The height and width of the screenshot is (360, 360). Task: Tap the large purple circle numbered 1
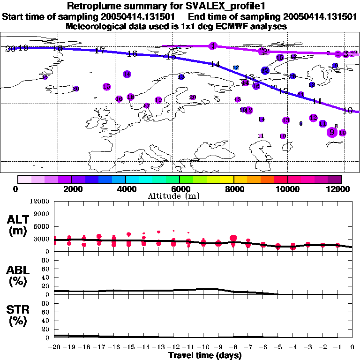coord(213,46)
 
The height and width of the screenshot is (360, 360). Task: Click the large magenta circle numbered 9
coord(332,132)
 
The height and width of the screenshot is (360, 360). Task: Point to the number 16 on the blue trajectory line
coord(132,54)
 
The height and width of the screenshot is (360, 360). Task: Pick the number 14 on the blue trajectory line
coord(215,64)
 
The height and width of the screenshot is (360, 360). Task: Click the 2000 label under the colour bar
coord(72,189)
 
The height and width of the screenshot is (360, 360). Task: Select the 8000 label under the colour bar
coord(233,189)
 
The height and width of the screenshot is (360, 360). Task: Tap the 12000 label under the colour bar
coord(339,189)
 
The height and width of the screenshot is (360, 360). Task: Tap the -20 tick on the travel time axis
coord(55,347)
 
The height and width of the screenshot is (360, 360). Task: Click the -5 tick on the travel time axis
coord(278,347)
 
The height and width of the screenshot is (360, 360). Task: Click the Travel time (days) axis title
coord(205,356)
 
